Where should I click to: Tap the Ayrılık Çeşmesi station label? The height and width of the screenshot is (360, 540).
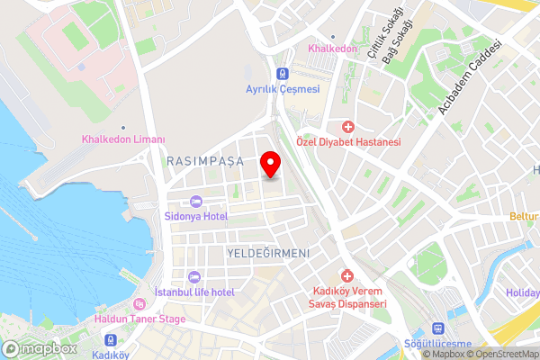click(283, 89)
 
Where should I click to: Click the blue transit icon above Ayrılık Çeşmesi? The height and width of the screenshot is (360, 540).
click(283, 74)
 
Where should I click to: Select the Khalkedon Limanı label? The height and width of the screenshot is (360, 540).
click(124, 139)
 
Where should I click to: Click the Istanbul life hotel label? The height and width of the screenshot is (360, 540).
click(194, 292)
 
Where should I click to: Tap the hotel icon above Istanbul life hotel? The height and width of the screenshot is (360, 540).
click(194, 276)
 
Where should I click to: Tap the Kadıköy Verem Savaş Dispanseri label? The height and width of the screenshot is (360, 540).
click(349, 297)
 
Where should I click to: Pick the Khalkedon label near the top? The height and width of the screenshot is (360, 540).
click(334, 48)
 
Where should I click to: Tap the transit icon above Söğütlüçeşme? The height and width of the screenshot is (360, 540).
click(438, 329)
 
